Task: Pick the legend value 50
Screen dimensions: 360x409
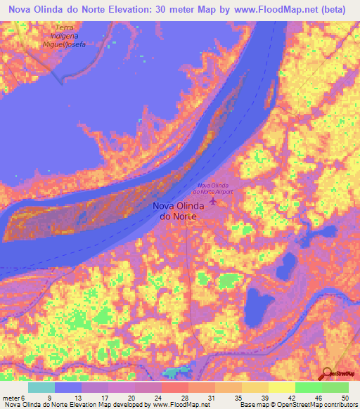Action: point(345,397)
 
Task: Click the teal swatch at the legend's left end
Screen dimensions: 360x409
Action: point(41,387)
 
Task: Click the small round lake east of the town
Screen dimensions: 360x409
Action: point(286,266)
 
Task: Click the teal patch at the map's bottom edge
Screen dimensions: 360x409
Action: point(176,374)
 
